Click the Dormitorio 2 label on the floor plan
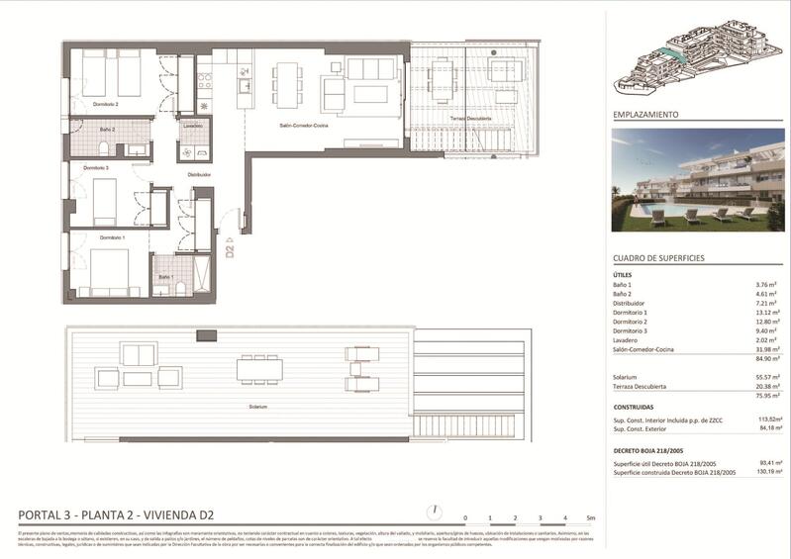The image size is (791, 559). click(x=105, y=104)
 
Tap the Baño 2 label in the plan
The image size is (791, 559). click(x=107, y=129)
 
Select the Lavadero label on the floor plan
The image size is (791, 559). click(x=193, y=127)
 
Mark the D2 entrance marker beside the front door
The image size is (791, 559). click(x=229, y=247)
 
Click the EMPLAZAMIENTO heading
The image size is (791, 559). click(x=645, y=115)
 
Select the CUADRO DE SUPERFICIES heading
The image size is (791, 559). click(x=658, y=257)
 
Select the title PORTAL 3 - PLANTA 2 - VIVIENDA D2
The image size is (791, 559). click(x=117, y=514)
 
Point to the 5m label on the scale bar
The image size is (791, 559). click(x=590, y=518)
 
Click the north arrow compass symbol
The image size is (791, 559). click(x=433, y=512)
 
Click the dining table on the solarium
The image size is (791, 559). click(x=259, y=369)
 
